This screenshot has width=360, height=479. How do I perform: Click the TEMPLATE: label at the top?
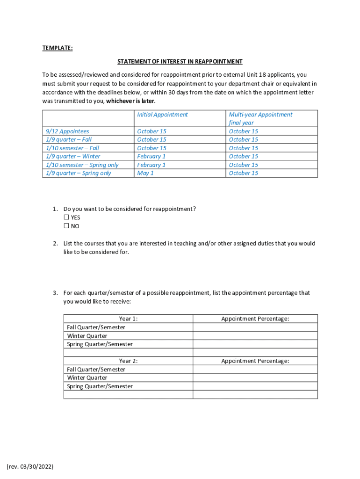58,48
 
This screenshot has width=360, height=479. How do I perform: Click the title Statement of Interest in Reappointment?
180,61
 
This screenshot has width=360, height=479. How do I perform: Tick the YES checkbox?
66,218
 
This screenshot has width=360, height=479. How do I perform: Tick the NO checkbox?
66,226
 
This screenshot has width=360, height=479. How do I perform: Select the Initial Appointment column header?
162,115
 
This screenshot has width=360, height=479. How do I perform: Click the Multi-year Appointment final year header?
260,118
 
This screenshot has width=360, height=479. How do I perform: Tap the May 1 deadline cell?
145,173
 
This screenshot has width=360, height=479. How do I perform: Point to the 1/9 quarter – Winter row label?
73,156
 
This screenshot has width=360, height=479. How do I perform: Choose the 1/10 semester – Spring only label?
82,165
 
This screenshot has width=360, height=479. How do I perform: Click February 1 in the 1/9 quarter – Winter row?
151,156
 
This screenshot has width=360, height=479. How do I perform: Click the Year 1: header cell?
128,319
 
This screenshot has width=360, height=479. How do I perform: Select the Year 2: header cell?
128,361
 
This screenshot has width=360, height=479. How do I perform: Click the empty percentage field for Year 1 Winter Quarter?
255,336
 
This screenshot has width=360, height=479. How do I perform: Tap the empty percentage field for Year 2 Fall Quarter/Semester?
255,370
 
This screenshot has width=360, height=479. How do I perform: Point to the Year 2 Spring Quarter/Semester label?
100,386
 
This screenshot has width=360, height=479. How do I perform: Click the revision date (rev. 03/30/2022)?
30,466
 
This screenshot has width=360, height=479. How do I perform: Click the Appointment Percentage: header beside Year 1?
255,319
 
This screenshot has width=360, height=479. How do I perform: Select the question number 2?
55,243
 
